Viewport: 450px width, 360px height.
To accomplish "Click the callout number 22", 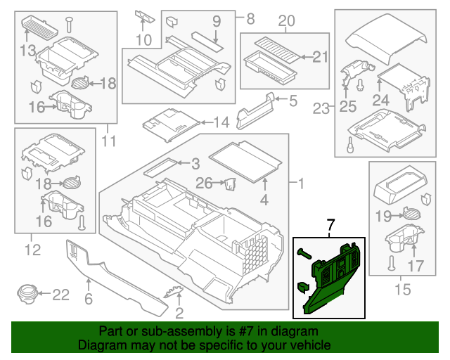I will pos(61,294).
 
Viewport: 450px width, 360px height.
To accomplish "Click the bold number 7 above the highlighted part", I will pos(330,226).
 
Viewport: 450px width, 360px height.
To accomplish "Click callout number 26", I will pos(203,184).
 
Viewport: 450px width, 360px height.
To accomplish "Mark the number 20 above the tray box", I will pos(286,22).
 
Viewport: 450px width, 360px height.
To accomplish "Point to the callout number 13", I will pos(27,50).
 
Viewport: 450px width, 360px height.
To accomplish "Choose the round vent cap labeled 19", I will pos(411,215).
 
